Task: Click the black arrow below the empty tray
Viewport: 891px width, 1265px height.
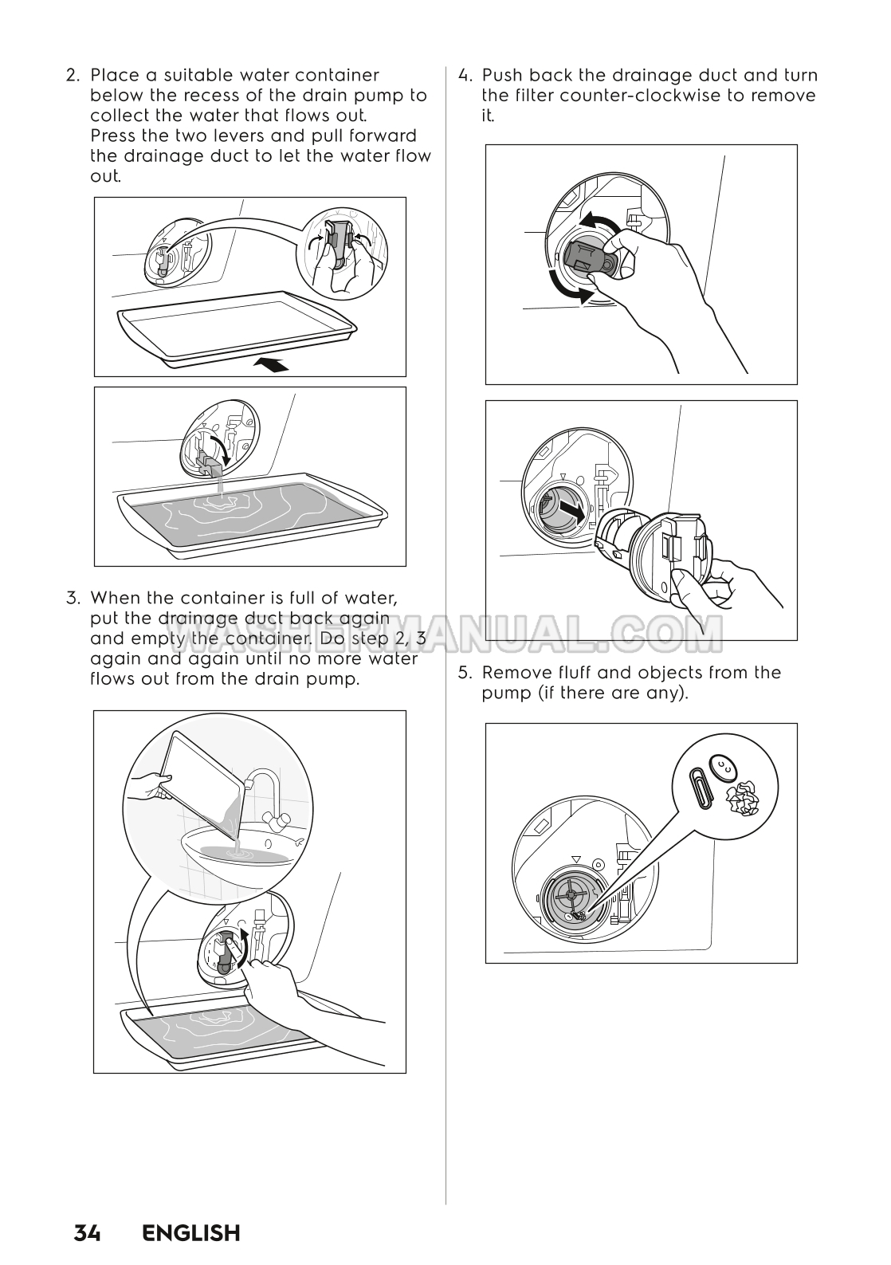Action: coord(270,365)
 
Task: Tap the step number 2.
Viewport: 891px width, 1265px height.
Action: coord(73,75)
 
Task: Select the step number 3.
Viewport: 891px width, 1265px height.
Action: coord(73,598)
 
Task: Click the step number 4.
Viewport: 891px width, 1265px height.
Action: coord(464,75)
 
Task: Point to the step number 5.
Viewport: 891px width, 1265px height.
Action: coord(464,673)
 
